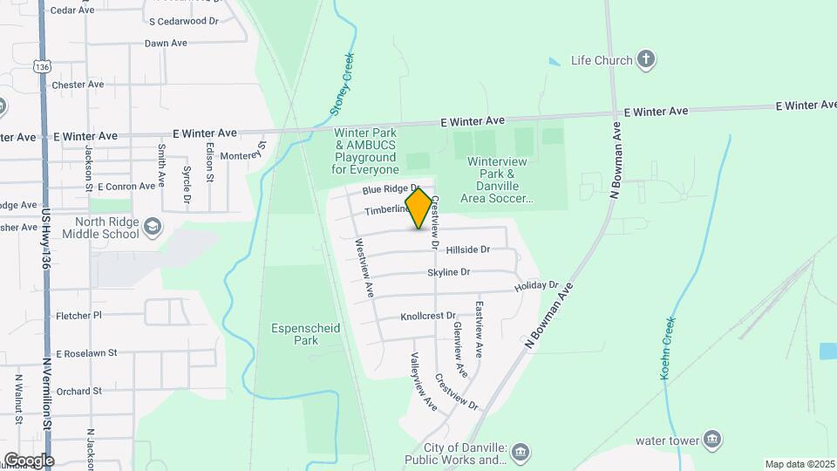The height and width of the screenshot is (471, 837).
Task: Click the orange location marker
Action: click(419, 208)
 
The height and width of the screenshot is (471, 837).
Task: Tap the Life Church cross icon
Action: click(646, 59)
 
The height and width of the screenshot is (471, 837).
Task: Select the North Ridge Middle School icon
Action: click(153, 227)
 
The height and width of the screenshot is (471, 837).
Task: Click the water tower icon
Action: click(712, 439)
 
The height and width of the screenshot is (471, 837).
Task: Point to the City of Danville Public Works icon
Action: click(521, 451)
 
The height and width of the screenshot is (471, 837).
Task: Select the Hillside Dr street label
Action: click(467, 249)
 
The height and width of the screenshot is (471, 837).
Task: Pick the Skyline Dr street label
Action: click(448, 273)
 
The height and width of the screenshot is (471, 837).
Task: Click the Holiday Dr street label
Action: click(535, 286)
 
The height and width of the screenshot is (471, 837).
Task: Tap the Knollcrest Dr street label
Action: click(429, 316)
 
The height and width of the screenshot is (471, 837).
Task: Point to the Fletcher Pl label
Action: click(78, 315)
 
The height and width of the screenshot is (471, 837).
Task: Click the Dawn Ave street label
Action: click(166, 43)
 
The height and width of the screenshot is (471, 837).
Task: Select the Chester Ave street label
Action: click(78, 85)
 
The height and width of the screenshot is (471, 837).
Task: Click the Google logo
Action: click(28, 460)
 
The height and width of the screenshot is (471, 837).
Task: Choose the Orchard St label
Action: click(79, 392)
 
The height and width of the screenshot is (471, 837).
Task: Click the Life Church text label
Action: click(601, 60)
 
